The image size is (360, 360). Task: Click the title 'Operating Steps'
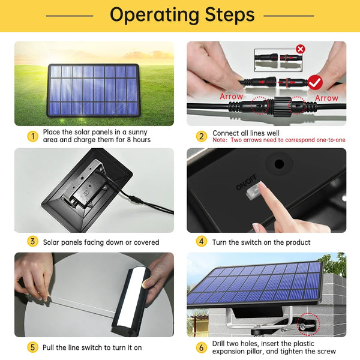(182, 15)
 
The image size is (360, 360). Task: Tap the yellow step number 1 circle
(33, 136)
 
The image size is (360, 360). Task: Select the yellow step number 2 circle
(202, 136)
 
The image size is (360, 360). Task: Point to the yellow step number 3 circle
(33, 242)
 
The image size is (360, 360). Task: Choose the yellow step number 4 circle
(202, 242)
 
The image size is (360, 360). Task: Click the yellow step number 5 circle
(33, 347)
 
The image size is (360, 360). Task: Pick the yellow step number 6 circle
(202, 347)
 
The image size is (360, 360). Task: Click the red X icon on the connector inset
(301, 49)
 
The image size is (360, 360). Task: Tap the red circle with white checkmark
(315, 82)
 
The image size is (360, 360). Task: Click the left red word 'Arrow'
(231, 97)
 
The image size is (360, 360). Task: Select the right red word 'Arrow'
(326, 98)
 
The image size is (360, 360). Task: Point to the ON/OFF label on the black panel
(246, 183)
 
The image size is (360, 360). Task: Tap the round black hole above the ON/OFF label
(279, 164)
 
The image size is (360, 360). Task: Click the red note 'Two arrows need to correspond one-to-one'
(288, 140)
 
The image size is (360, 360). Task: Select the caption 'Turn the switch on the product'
(261, 242)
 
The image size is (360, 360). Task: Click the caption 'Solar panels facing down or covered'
(101, 242)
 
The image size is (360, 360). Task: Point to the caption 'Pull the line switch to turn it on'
(92, 347)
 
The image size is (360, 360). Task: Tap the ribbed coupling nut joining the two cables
(283, 107)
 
